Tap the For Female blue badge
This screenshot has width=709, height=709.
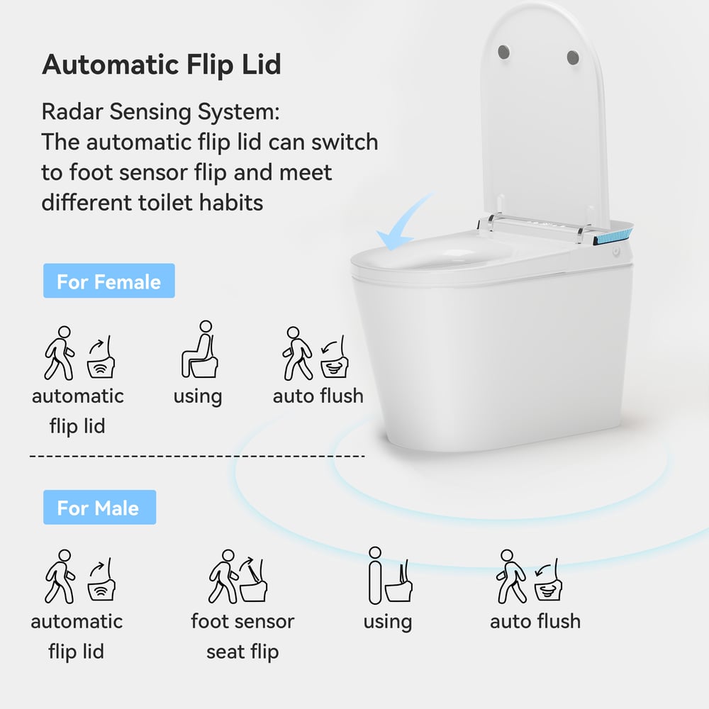(108, 281)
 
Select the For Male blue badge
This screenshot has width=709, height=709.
(99, 508)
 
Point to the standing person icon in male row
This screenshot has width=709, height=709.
(375, 575)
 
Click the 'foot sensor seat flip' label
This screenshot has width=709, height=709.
(242, 636)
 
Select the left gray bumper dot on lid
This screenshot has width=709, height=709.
(505, 52)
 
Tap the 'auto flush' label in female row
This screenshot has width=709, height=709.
(318, 396)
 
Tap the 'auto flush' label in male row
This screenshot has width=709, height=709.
(535, 621)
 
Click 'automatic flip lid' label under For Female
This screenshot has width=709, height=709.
(78, 411)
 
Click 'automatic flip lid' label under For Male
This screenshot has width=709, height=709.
(77, 636)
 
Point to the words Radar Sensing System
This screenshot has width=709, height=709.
(160, 112)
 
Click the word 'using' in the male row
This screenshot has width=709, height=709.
(387, 622)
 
